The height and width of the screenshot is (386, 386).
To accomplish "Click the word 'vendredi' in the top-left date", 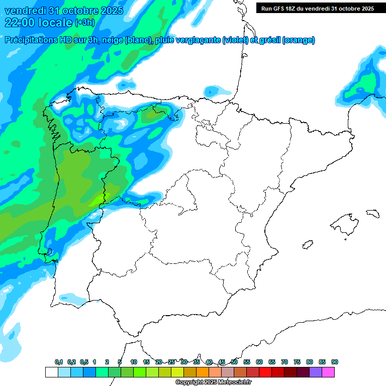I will pos(24,11).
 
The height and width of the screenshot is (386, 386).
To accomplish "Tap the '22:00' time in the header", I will pos(20,22).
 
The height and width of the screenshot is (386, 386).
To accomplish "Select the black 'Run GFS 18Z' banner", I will pos(318,8).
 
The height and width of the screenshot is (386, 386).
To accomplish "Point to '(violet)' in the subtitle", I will pos(236,40).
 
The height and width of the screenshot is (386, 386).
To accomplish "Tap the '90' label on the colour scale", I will pos(335,362).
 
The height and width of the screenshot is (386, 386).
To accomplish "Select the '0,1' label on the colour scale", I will pos(59,362).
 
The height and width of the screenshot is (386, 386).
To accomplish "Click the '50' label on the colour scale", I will pos(234,362).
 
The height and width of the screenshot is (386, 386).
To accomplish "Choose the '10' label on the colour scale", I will pos(134,362).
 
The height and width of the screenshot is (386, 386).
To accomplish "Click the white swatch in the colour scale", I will pos(51,372).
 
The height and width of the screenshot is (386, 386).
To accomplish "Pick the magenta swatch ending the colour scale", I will pos(328,372).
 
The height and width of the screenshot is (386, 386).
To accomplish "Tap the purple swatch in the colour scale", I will pos(316,372).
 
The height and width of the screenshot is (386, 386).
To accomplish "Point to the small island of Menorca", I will pos(372,213).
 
